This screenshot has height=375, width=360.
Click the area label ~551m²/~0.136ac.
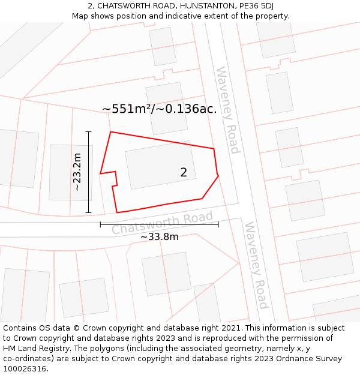click(159, 109)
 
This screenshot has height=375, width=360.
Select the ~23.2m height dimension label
click(77, 172)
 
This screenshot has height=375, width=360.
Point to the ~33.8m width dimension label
click(159, 236)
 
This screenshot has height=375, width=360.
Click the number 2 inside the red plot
click(184, 172)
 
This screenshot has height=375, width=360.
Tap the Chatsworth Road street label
click(162, 223)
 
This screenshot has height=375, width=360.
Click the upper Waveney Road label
click(228, 110)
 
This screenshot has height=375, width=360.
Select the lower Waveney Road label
click(256, 265)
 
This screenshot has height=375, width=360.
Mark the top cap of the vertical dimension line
click(89, 131)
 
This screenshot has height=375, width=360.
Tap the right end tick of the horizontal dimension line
click(218, 224)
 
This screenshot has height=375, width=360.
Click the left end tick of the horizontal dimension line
click(100, 224)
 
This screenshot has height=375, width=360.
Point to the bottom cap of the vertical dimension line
click(89, 212)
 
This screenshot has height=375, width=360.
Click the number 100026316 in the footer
click(25, 369)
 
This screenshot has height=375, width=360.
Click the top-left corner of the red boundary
click(110, 132)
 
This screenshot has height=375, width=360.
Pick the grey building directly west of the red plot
click(71, 172)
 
